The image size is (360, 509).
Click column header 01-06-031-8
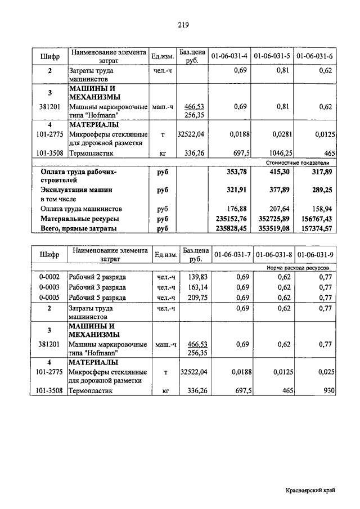point(273,255)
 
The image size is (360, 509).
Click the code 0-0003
point(49,287)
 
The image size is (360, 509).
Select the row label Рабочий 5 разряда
point(97,298)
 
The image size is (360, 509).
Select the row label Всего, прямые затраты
point(79,228)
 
